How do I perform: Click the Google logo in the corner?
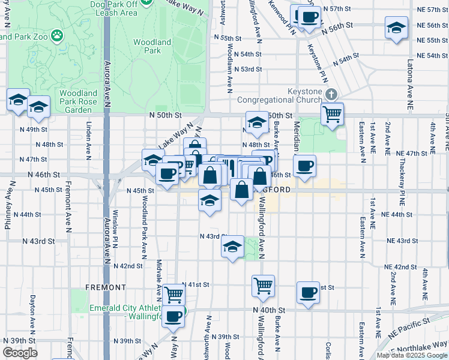pos(20,352)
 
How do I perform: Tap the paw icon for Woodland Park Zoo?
pos(57,35)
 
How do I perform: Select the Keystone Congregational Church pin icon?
pos(331,94)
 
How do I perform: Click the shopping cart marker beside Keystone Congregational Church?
pos(332,112)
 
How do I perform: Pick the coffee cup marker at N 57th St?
pos(309,17)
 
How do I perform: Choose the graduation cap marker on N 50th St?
pos(256,123)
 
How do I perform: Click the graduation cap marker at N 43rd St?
pos(232,246)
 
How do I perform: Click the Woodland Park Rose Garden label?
pos(78,101)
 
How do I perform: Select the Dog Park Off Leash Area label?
pos(113,8)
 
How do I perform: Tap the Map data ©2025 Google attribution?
pos(412,355)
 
